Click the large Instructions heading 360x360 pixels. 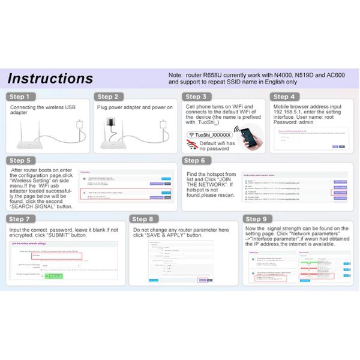point(50,79)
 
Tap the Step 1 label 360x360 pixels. point(22,97)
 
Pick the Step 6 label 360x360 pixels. point(195,160)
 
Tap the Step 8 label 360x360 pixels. point(146,220)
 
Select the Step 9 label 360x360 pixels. point(257,220)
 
